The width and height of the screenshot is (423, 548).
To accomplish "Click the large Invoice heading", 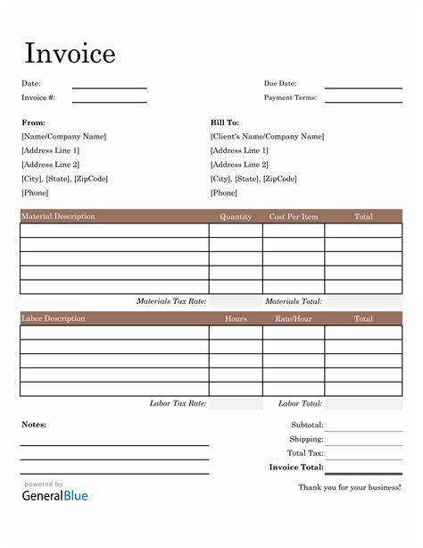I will (69, 54).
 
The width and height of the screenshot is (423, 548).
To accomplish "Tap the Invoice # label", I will (38, 97).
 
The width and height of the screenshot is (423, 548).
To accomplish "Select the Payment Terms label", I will (290, 97).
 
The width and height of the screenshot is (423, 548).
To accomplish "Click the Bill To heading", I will (225, 122).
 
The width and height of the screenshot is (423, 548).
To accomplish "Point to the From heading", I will (33, 122).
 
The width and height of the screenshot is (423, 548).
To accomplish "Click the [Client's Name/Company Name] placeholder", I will (267, 137).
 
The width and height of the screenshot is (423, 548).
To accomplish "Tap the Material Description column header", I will (58, 216).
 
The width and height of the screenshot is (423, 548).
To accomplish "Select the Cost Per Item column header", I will (293, 216).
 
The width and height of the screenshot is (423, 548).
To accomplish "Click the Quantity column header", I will (236, 216).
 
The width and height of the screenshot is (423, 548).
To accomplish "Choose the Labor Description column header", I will (54, 318).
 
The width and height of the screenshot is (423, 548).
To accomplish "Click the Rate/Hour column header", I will (293, 318).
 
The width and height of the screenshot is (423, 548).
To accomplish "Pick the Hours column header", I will (236, 318).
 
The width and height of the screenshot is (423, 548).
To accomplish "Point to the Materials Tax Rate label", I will (171, 301).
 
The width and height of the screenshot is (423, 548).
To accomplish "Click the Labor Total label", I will (300, 404).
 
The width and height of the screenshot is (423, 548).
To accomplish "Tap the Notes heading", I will (34, 424).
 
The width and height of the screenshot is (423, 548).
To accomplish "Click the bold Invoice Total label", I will (295, 467).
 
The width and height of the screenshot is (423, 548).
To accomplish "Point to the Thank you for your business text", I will (349, 487).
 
